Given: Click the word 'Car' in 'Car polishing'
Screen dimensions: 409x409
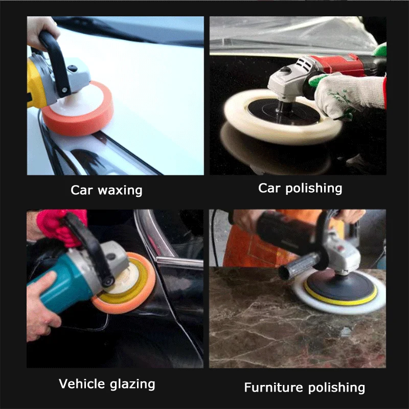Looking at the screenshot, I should point(269,188).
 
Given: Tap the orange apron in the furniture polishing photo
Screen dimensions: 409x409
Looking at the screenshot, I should point(240,251).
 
